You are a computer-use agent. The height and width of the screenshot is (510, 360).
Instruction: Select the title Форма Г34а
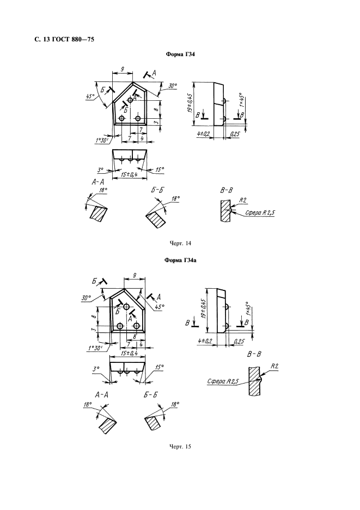tap(180, 260)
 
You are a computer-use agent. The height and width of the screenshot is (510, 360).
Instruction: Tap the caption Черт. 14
tap(180, 244)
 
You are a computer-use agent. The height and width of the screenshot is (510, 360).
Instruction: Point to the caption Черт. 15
tap(180, 446)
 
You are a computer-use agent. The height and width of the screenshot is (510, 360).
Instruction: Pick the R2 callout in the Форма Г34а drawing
tap(274, 366)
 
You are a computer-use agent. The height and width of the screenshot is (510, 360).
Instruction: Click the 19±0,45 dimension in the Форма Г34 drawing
tap(190, 104)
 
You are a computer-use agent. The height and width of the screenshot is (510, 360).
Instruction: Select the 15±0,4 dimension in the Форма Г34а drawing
tap(129, 353)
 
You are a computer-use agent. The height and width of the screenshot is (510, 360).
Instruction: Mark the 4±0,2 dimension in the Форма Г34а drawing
tap(205, 341)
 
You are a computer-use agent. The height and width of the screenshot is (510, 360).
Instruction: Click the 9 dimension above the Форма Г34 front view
tap(122, 69)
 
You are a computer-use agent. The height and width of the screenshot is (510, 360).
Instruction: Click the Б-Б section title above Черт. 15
tap(150, 395)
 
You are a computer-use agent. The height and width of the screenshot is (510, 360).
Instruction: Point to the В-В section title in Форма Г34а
tap(254, 354)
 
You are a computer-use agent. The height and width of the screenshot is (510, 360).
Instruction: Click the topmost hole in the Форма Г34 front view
tap(130, 100)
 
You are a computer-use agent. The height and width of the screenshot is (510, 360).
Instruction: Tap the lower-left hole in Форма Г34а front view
tap(120, 326)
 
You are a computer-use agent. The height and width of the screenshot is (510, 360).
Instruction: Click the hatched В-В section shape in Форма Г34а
tap(255, 381)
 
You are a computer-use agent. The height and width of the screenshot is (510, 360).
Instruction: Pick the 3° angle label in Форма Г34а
tap(96, 369)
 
